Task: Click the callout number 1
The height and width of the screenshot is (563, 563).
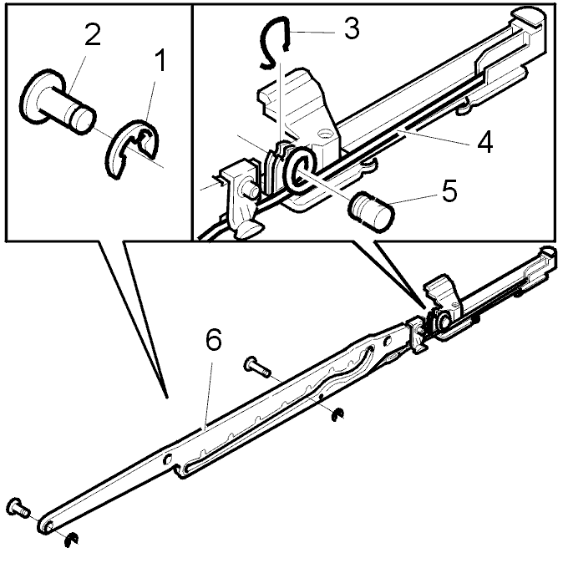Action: coord(160,61)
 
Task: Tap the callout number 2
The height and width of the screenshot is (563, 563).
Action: coord(92,34)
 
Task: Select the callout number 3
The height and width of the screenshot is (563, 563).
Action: coord(352,28)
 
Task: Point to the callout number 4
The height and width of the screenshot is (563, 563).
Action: coord(484,142)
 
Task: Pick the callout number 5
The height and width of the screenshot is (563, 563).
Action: coord(449,190)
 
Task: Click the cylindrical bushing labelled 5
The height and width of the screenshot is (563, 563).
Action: coord(371,211)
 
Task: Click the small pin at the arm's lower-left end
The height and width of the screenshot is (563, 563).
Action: coord(18,508)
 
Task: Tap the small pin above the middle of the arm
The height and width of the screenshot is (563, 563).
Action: coord(256,368)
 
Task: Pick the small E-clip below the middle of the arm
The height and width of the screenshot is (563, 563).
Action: coord(337,414)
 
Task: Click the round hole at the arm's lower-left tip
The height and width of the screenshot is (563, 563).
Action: coord(48,525)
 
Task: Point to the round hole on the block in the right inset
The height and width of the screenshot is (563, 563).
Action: coord(326,134)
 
